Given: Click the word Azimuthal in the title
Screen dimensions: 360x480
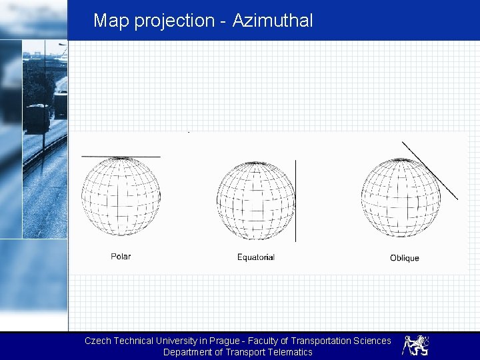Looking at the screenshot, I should click(272, 21).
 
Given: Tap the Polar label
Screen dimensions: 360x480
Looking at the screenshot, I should click(121, 256).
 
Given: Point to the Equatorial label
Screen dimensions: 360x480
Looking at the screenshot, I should click(256, 257).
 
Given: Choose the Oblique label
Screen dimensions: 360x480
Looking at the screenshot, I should click(405, 258).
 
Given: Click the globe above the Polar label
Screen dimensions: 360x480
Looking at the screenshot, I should click(121, 197).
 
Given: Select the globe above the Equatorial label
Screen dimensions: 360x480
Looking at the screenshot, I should click(256, 201).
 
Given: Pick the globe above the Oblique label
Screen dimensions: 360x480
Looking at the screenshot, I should click(401, 198).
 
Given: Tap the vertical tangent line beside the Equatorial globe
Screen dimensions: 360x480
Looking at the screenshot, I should click(296, 200).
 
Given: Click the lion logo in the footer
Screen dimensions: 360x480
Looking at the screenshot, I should click(415, 345).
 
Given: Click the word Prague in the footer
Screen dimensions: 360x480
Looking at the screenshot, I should click(221, 341).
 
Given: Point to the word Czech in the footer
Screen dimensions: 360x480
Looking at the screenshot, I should click(97, 341).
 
